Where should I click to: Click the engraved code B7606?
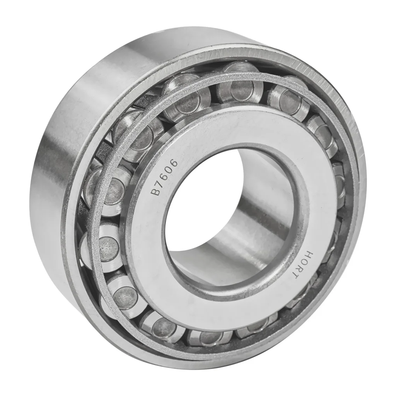tap(164, 177)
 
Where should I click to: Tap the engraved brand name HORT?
tap(302, 266)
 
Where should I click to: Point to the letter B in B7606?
tap(156, 191)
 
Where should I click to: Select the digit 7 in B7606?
tap(159, 184)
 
